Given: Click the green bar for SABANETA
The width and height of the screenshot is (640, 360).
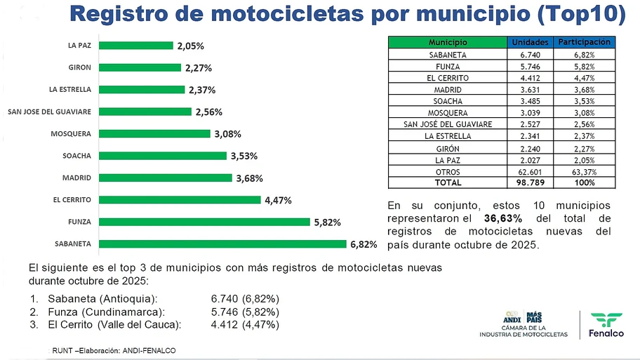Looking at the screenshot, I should click(x=222, y=244).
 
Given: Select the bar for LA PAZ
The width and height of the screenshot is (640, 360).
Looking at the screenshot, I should click(x=135, y=46).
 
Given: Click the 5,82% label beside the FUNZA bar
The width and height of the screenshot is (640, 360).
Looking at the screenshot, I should click(x=327, y=222).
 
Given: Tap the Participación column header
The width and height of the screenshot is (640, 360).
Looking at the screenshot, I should click(x=584, y=43).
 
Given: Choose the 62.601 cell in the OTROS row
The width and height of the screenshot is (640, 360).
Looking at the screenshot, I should click(x=531, y=171).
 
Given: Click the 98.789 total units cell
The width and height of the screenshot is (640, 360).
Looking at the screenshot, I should click(x=531, y=182).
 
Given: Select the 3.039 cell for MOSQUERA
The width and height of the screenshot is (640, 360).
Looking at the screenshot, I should click(x=531, y=112).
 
